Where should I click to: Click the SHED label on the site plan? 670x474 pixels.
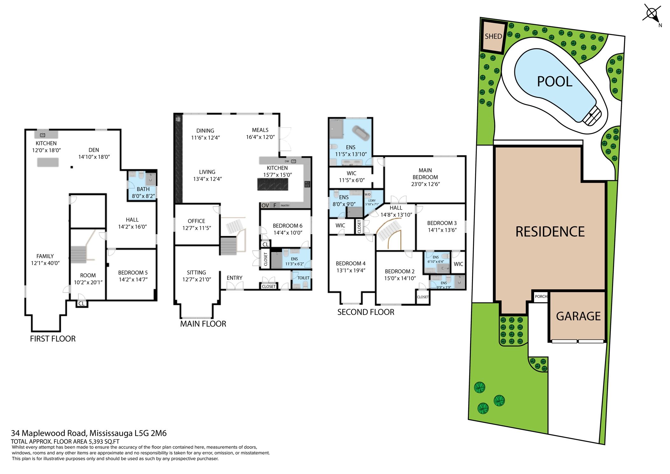click(x=493, y=36)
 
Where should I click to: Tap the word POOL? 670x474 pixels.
click(x=554, y=81)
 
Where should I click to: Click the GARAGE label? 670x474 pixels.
click(x=578, y=316)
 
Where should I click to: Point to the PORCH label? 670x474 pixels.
click(x=541, y=296)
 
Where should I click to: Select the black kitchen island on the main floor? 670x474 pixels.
click(x=273, y=184)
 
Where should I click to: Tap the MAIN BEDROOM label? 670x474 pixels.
click(x=425, y=173)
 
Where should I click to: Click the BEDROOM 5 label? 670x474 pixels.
click(x=133, y=272)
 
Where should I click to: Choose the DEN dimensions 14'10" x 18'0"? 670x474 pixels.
click(x=94, y=157)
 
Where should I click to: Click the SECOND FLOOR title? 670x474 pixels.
click(x=366, y=312)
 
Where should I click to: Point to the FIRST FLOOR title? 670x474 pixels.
click(x=53, y=339)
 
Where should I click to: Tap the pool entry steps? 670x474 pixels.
click(x=592, y=116)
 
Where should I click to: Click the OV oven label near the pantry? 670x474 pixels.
click(x=265, y=206)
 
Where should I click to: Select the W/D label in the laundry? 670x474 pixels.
click(x=368, y=194)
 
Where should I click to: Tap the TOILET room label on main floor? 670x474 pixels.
click(x=303, y=278)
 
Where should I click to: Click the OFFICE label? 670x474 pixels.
click(x=196, y=221)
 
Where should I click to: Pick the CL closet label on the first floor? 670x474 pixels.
click(x=81, y=303)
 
